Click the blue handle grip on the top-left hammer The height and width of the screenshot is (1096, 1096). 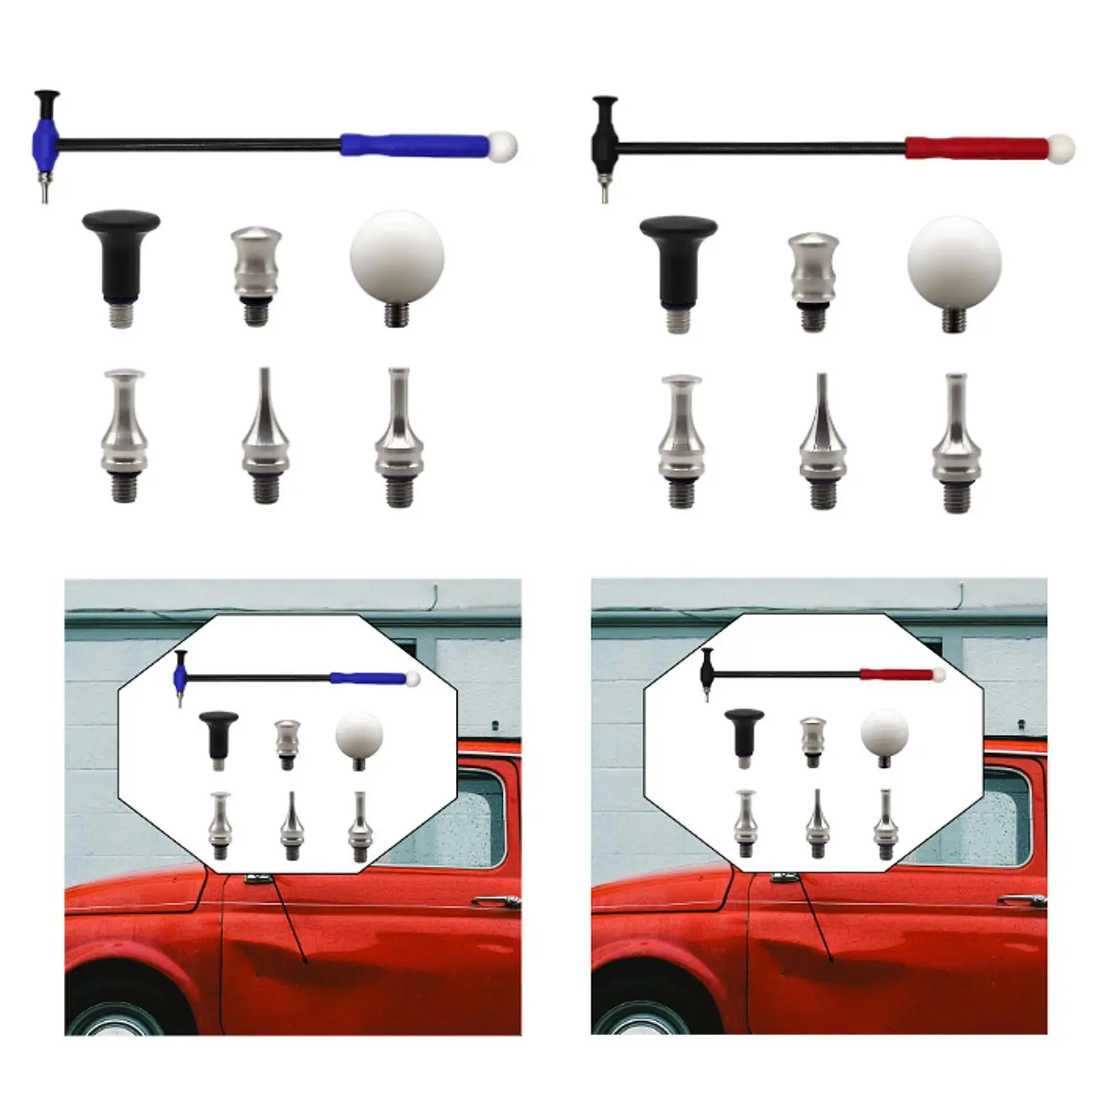click(414, 145)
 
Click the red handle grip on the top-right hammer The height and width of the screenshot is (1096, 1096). click(976, 148)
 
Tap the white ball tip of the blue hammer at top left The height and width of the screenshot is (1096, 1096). click(503, 145)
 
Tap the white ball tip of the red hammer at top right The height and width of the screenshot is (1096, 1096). click(1061, 148)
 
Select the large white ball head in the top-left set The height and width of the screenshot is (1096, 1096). click(397, 258)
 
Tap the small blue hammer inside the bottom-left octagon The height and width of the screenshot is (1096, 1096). click(295, 678)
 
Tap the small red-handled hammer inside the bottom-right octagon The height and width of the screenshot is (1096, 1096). click(822, 675)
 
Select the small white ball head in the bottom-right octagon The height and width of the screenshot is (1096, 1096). click(884, 732)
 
